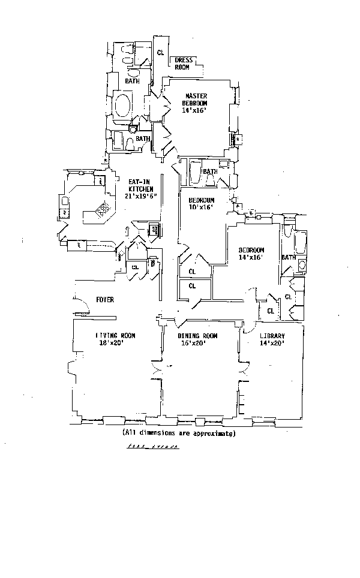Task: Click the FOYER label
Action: tap(104, 300)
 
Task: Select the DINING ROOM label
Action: tap(197, 336)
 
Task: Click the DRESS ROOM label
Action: tap(182, 64)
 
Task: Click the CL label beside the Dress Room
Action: tap(160, 53)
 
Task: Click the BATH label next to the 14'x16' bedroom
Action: tap(289, 258)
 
